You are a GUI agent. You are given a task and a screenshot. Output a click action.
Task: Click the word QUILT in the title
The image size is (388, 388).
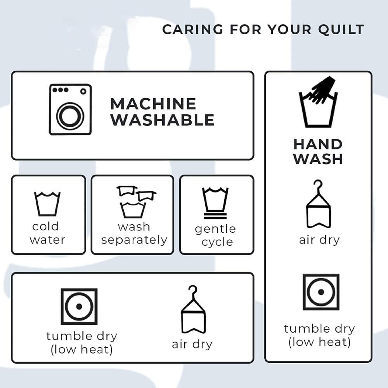[x=341, y=29]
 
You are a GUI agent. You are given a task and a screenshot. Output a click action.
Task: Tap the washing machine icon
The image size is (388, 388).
[x=71, y=109]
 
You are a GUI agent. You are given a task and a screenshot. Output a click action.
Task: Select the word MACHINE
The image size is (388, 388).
[x=153, y=104]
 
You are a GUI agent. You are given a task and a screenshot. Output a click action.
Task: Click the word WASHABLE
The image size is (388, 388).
[x=162, y=120]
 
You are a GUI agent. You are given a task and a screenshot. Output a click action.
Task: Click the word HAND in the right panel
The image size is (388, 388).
[x=318, y=144]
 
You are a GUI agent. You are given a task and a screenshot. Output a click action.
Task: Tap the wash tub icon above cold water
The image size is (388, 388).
[x=47, y=203]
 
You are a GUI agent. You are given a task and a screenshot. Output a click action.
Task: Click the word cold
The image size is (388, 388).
[x=45, y=226]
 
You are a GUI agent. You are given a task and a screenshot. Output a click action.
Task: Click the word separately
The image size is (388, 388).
[x=134, y=240]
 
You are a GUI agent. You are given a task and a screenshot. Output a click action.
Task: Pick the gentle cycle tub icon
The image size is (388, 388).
[x=215, y=203]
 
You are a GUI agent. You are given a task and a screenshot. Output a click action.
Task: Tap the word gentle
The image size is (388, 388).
[x=215, y=229]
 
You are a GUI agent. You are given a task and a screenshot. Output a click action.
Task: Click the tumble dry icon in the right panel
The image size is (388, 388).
[x=321, y=292]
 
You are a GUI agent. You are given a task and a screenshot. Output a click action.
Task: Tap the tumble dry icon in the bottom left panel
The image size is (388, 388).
[x=79, y=307]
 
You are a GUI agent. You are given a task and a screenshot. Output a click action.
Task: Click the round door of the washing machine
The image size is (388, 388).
[x=70, y=116]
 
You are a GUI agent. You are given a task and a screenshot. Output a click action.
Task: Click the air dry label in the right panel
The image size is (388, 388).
[x=319, y=240]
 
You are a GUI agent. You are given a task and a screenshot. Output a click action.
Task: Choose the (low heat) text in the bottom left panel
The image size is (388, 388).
[x=81, y=349]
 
